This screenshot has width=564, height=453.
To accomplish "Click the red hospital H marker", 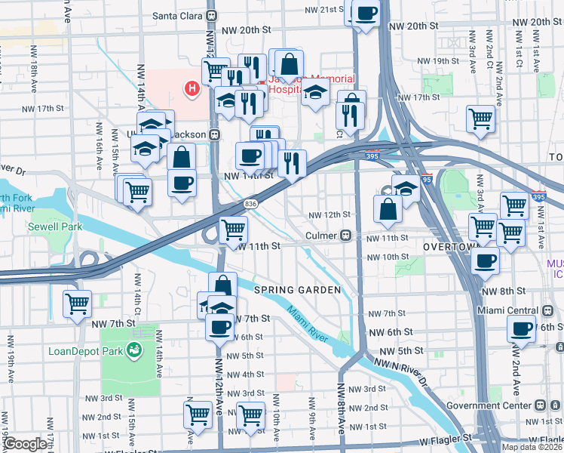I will point(192,89).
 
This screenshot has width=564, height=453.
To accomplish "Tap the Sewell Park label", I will point(51,226).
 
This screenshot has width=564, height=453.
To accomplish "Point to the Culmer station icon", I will point(348,236).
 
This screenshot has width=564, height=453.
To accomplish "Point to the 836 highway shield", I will point(252,204).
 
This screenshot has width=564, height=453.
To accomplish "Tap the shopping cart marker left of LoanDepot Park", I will point(77,304).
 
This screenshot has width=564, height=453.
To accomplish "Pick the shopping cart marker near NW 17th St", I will point(480,119).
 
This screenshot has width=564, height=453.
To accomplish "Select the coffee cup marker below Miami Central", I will point(520,328).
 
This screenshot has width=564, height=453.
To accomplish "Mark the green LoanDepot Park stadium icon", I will point(134,350).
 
